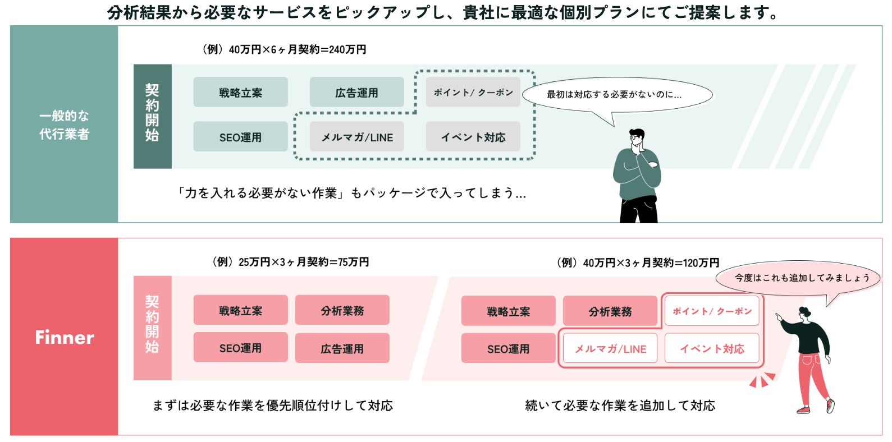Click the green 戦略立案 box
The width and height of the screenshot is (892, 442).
[240, 93]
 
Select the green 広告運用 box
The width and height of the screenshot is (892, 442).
[356, 93]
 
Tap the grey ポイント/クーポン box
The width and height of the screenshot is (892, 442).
[473, 93]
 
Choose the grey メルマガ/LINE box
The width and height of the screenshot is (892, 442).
[356, 137]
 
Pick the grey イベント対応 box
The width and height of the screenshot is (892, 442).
[473, 137]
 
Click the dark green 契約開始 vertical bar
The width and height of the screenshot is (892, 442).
[152, 116]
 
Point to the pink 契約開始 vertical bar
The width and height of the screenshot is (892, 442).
[152, 328]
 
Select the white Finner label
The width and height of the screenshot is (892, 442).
[64, 337]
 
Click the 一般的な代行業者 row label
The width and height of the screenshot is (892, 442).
[64, 125]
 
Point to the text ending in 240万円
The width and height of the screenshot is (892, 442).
[284, 49]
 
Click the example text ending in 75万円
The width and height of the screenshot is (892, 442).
[291, 262]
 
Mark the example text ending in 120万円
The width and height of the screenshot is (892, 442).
[638, 263]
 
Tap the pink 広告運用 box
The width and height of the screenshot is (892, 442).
[342, 348]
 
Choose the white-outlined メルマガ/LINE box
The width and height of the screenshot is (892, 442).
[610, 349]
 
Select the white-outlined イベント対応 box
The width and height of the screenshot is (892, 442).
[712, 349]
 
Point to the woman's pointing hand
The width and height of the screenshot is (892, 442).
[779, 317]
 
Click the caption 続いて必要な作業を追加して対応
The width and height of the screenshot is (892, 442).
[620, 406]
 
